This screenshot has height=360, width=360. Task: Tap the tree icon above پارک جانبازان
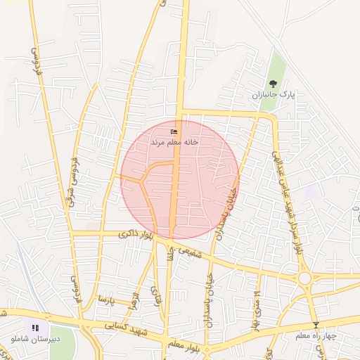[273, 83]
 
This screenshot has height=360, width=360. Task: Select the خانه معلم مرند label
[174, 141]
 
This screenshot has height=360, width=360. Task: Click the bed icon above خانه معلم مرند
[174, 131]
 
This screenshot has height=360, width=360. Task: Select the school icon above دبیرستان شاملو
[35, 328]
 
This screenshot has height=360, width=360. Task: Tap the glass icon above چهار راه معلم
[316, 325]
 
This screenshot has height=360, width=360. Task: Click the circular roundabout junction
[305, 278]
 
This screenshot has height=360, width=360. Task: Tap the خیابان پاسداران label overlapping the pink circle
[229, 204]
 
